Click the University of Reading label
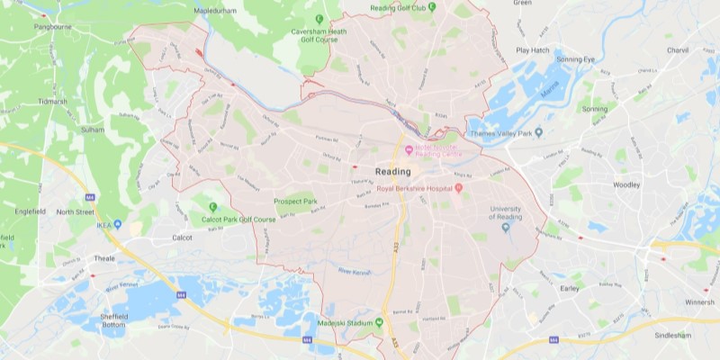pos(505,214)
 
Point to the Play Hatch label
pos(533,50)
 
